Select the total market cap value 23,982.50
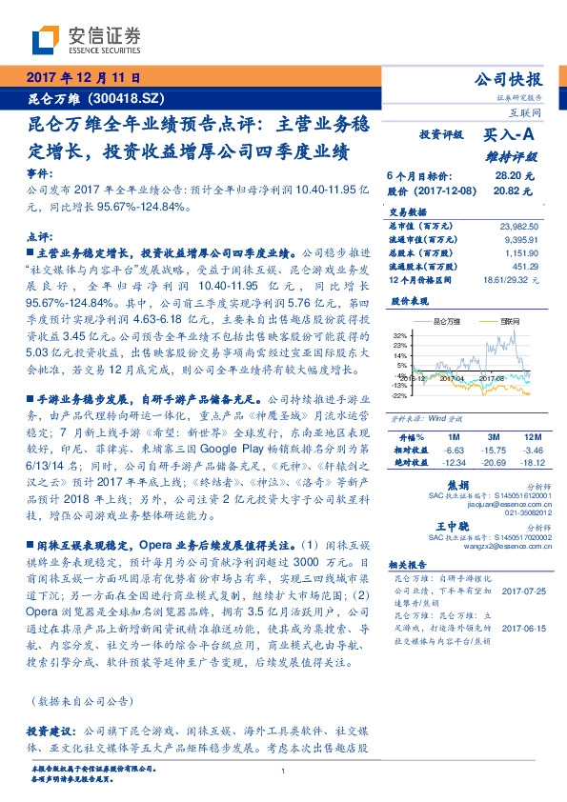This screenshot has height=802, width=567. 519,226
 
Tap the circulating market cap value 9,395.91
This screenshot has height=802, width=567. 521,240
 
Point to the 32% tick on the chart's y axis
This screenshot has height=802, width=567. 397,335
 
